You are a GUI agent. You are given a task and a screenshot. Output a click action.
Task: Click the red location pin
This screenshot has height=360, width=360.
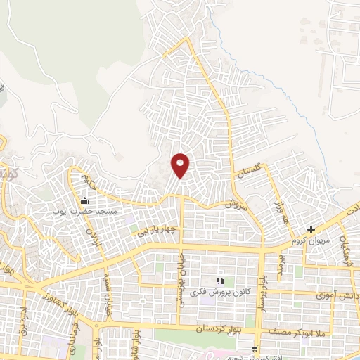[x=181, y=165]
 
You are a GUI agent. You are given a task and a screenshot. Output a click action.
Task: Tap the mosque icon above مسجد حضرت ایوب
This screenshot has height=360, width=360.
[x=85, y=202]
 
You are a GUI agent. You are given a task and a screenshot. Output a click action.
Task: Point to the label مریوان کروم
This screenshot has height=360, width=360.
[x=311, y=239]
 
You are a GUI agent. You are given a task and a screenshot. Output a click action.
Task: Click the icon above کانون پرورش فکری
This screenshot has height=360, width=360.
[x=219, y=281]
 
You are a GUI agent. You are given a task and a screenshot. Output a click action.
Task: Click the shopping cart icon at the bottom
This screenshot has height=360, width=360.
[x=255, y=348]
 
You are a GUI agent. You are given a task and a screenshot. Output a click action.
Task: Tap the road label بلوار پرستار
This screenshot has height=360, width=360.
[x=263, y=292]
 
